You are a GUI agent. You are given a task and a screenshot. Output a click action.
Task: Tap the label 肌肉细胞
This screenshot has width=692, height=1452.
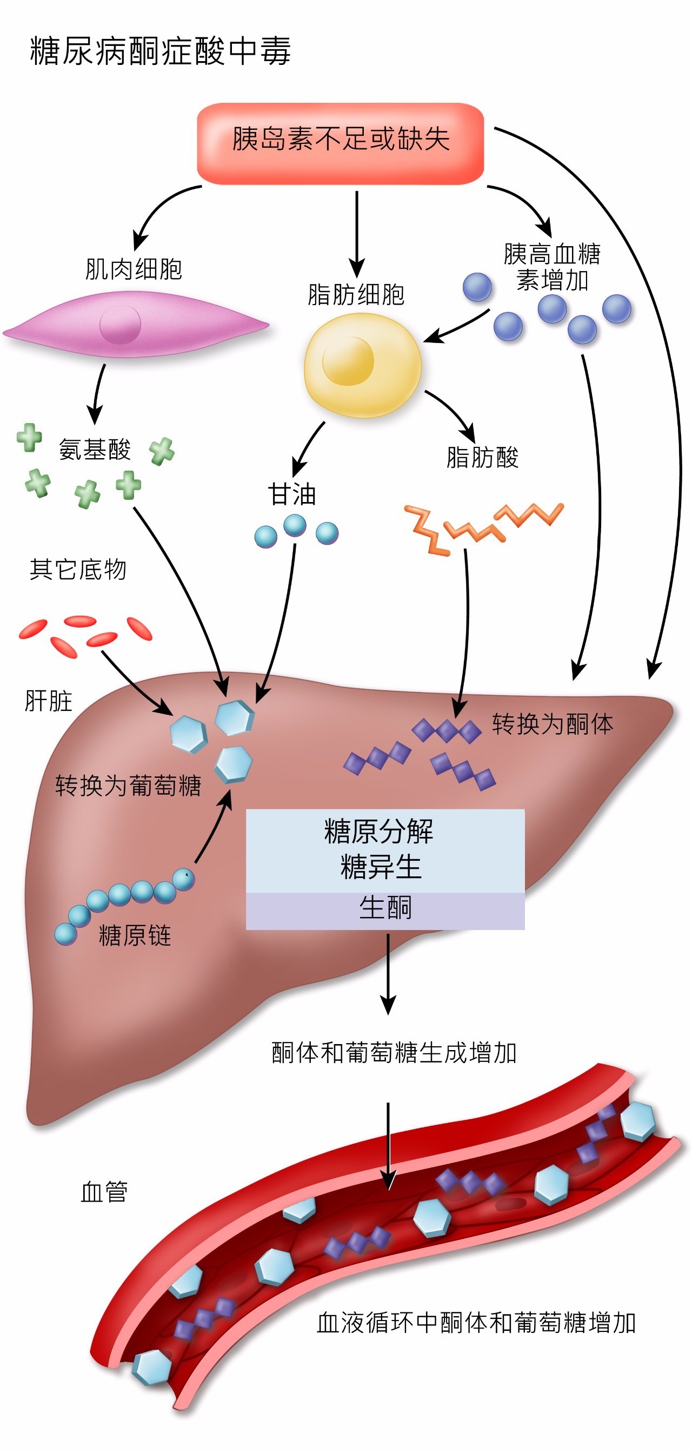134,269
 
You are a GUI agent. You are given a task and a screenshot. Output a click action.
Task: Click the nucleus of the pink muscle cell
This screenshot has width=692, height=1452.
120,325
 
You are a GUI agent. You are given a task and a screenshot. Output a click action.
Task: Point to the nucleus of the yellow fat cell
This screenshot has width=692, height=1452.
348,361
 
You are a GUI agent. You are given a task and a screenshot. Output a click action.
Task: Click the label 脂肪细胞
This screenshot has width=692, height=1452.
356,294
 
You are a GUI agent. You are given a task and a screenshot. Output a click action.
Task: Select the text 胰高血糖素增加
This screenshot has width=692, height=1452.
552,267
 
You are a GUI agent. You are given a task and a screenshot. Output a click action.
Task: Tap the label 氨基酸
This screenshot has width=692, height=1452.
95,449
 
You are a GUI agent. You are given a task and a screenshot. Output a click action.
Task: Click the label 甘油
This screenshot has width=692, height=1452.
292,494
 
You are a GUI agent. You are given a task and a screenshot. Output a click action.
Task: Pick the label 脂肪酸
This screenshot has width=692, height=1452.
482,457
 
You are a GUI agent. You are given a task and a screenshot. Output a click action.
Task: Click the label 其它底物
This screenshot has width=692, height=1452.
78,569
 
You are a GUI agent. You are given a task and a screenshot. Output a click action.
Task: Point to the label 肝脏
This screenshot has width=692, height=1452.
49,701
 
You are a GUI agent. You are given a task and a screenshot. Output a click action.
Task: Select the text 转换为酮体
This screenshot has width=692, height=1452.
552,724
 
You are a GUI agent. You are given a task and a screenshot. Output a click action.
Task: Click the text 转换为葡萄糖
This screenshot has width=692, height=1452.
128,785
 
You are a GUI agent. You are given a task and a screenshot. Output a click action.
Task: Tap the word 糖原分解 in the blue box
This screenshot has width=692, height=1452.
378,831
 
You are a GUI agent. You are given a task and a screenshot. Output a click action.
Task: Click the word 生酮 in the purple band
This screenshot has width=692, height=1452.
385,908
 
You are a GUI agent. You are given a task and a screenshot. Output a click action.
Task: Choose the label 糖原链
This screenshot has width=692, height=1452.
135,935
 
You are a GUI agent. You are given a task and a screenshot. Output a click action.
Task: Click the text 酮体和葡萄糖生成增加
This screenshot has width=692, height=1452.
394,1052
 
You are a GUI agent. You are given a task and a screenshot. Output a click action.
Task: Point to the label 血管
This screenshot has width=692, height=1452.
104,1192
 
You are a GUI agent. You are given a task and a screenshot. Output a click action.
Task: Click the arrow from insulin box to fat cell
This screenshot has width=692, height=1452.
356,231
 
